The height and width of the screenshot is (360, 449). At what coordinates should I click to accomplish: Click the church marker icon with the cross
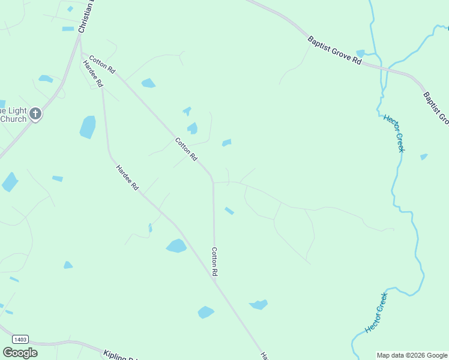click(x=35, y=113)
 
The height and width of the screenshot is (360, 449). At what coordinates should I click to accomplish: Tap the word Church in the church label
click(x=13, y=119)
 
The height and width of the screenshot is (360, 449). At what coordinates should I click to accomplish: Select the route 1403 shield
click(x=19, y=340)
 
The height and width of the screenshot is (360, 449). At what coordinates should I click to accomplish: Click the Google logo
click(x=20, y=353)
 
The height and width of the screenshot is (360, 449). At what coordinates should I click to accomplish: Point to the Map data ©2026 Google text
click(x=412, y=355)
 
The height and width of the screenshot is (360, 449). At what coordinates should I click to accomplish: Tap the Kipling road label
click(x=120, y=356)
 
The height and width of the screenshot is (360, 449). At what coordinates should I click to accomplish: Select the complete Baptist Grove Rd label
click(x=334, y=51)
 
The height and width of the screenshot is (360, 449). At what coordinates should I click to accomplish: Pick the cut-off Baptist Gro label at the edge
click(x=436, y=108)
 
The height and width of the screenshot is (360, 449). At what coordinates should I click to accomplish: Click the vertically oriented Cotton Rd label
click(x=214, y=262)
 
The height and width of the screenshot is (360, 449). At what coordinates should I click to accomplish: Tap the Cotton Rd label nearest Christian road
click(x=102, y=65)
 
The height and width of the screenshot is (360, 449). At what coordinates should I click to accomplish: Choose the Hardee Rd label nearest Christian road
click(x=93, y=74)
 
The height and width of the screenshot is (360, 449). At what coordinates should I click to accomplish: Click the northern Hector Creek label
click(x=394, y=133)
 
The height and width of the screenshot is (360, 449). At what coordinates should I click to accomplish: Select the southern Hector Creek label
click(x=376, y=312)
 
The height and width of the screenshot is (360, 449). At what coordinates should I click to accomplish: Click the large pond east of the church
click(x=88, y=127)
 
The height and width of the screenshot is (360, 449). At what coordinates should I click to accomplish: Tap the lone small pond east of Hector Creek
click(x=424, y=157)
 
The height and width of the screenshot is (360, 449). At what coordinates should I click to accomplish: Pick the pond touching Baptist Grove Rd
click(x=360, y=53)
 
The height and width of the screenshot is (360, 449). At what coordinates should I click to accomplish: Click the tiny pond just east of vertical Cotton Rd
click(x=229, y=211)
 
